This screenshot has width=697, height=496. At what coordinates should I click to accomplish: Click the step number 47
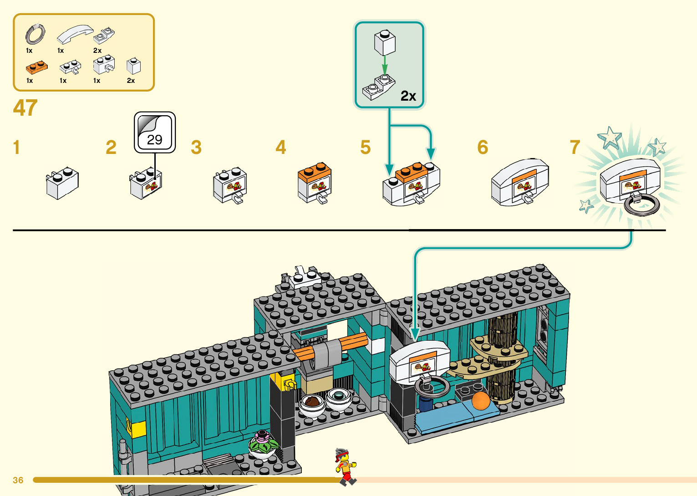pos(25,108)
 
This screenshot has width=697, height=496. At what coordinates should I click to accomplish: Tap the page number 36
pos(18,480)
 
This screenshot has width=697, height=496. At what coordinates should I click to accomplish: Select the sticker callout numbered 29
pos(155,133)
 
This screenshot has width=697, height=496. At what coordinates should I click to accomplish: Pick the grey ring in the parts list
pos(35,34)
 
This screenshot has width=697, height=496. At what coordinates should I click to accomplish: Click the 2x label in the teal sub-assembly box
pos(408,96)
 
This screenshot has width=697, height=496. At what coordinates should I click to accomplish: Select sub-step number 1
pos(17,148)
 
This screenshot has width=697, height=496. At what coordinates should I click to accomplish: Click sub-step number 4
pos(281,148)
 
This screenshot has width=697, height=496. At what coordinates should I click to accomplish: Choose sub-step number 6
pos(483,148)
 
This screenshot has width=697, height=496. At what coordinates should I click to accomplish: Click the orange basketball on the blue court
pos(480,401)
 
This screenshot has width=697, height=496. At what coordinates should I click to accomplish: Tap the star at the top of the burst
pos(610,136)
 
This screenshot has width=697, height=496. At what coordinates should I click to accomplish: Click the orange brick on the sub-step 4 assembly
pos(315,172)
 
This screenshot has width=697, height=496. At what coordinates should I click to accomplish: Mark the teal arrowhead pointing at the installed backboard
pos(415,335)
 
